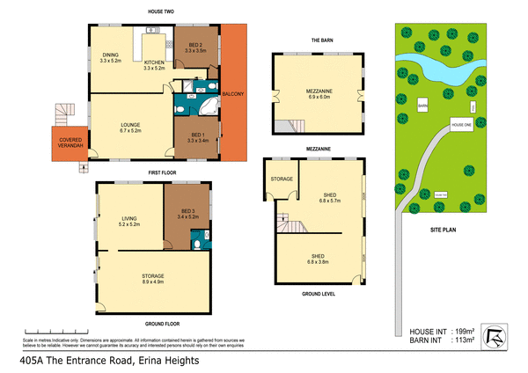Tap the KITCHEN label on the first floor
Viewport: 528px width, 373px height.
click(155, 62)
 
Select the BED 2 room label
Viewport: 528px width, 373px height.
click(194, 46)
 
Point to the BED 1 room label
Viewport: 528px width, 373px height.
click(197, 135)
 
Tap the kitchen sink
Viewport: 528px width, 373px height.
click(150, 32)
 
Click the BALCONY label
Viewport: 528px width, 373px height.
click(234, 93)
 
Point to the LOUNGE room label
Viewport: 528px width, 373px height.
click(130, 125)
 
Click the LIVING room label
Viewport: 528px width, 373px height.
click(129, 220)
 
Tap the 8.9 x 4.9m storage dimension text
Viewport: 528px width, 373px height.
click(153, 282)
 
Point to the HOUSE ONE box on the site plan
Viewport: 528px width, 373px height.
click(462, 125)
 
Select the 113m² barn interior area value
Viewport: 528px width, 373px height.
click(463, 340)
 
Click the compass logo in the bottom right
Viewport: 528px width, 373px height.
click(499, 336)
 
